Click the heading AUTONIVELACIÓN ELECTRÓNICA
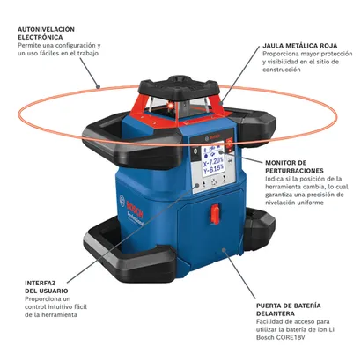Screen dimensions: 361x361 [x=46, y=33]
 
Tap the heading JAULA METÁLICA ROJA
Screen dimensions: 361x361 [x=300, y=46]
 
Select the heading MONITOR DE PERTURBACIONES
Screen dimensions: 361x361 [x=294, y=166]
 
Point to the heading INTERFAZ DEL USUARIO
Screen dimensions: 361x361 [x=47, y=287]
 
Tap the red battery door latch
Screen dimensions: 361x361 [x=215, y=214]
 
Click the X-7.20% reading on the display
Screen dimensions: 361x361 [x=213, y=163]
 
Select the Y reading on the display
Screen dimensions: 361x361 [x=213, y=172]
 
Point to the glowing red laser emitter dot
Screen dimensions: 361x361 [x=169, y=106]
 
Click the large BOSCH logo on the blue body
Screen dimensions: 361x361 [x=135, y=210]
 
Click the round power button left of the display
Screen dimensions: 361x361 [x=195, y=151]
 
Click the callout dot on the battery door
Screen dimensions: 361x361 [x=224, y=250]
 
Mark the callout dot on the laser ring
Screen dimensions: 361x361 [x=99, y=86]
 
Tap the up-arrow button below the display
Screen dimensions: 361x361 [x=203, y=182]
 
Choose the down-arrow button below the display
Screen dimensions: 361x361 [x=225, y=178]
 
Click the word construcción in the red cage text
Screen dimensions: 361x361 [x=277, y=70]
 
